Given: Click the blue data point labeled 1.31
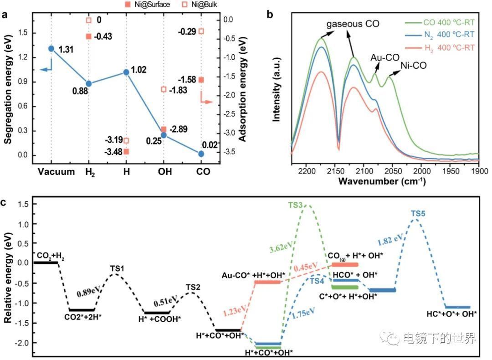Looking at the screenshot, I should (x=51, y=49).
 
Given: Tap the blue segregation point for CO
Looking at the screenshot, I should (x=201, y=154).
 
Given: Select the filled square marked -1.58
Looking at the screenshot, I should (x=201, y=80).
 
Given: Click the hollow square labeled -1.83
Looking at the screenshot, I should (x=164, y=89).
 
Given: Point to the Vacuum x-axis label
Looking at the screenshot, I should (x=56, y=172).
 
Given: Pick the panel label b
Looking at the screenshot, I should (x=270, y=15).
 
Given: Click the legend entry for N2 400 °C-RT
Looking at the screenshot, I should (x=440, y=34).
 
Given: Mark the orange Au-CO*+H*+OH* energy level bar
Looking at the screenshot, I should (x=267, y=282).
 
